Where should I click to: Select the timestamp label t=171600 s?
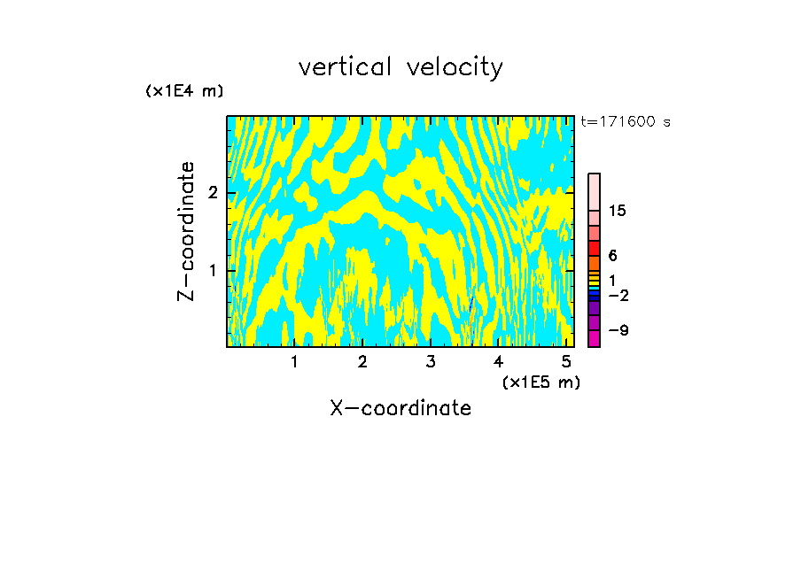click(x=625, y=122)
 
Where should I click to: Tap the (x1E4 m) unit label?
click(x=184, y=91)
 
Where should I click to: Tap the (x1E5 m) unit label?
click(x=540, y=382)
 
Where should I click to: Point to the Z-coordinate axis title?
click(x=186, y=231)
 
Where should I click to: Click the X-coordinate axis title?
click(x=400, y=408)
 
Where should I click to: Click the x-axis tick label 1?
click(x=294, y=362)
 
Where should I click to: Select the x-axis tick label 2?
click(x=362, y=362)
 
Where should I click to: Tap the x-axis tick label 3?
click(x=430, y=362)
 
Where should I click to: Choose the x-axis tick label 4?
click(x=498, y=362)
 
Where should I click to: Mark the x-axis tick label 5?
click(x=565, y=362)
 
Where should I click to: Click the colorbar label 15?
click(x=618, y=211)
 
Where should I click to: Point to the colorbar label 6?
click(x=612, y=256)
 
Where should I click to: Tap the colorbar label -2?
click(x=618, y=295)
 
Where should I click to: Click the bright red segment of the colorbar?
click(x=594, y=248)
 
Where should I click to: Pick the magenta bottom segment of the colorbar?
click(x=594, y=338)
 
